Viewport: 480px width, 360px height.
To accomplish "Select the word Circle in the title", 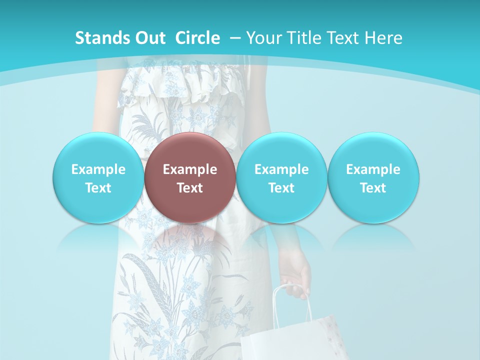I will click(197, 38).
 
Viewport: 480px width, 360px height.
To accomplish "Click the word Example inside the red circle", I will click(190, 169).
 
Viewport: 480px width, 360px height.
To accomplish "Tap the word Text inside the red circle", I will click(190, 188).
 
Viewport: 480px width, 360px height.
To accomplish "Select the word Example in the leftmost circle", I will click(98, 169).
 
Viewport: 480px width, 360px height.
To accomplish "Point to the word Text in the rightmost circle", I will click(373, 188).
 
